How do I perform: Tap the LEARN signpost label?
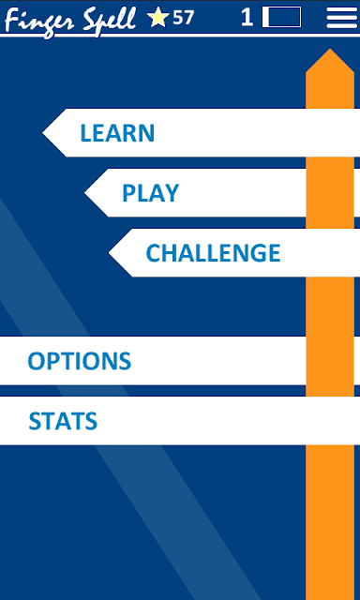(117, 133)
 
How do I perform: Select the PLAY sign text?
(150, 193)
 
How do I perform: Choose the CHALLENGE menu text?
(213, 253)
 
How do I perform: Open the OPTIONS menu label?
(79, 361)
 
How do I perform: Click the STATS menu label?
(63, 421)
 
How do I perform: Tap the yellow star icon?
(158, 18)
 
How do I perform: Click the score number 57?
(183, 18)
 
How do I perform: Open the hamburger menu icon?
(341, 18)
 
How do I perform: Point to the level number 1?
(247, 18)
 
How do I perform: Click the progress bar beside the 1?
(281, 17)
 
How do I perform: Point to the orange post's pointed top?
(330, 49)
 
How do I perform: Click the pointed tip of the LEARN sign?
(43, 132)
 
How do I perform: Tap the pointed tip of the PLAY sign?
(85, 192)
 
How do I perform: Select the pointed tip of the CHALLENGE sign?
(109, 253)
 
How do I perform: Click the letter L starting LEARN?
(85, 133)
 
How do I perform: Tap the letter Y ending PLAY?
(172, 193)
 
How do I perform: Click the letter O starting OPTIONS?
(36, 361)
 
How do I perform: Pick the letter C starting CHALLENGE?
(154, 253)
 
